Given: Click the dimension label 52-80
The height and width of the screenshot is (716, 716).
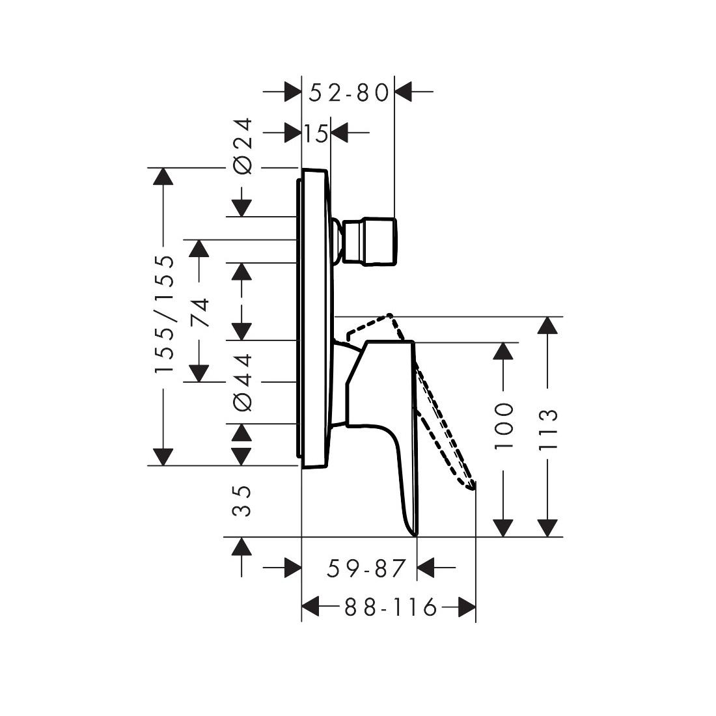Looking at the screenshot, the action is (348, 92).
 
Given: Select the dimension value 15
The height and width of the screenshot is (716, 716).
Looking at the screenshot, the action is (316, 134).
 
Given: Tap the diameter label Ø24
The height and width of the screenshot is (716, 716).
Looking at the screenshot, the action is (243, 146).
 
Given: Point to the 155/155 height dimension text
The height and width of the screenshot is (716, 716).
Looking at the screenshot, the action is (165, 314).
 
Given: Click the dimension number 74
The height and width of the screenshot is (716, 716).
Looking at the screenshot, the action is (200, 312).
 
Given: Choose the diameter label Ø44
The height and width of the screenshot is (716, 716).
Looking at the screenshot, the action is (243, 382).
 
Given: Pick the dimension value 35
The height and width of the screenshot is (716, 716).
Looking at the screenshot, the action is (242, 501).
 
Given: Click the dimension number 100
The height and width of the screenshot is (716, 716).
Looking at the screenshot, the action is (504, 426).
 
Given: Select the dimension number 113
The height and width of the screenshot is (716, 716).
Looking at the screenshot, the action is (548, 429).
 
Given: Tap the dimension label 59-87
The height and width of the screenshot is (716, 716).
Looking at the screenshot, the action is (366, 568).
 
